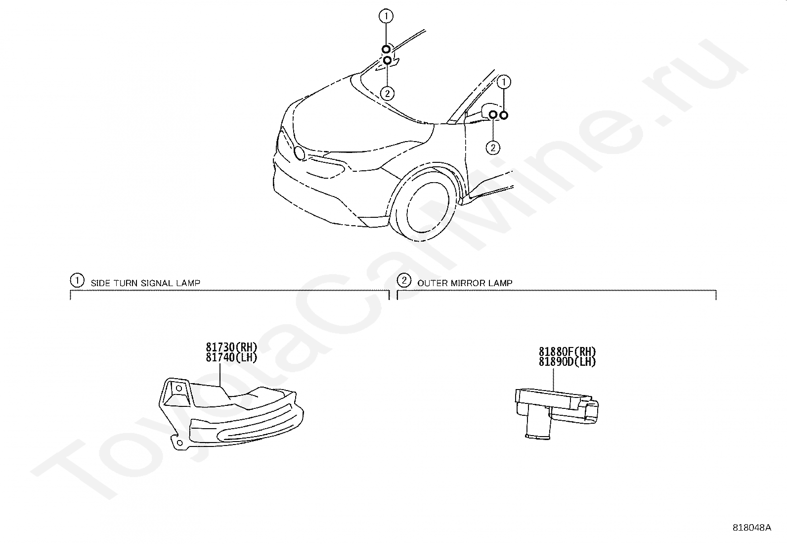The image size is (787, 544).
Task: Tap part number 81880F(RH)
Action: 567,352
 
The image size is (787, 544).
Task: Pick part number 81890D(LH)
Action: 567,362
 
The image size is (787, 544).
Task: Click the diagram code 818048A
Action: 751,527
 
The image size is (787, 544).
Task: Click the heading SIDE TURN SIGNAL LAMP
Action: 145,283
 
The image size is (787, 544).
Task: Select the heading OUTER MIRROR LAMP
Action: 465,283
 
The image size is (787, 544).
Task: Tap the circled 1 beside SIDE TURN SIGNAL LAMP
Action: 77,281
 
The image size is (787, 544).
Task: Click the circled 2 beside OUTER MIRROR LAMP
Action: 404,281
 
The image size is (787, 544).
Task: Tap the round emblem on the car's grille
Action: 299,152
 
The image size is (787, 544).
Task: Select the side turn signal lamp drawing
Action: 230,416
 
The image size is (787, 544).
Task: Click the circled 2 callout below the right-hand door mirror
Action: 492,147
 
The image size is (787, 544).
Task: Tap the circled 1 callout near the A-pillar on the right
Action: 504,81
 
